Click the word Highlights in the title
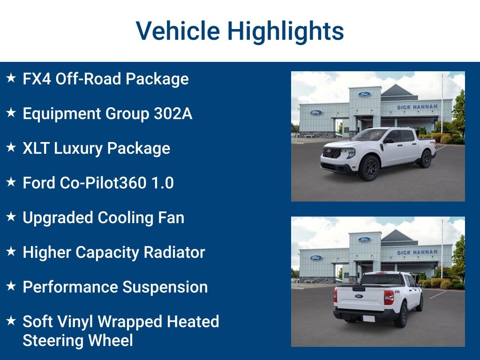[x=285, y=31]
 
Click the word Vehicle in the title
[x=178, y=31]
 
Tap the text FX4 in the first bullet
[x=37, y=79]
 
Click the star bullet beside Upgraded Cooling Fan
[x=11, y=217]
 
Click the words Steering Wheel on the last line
[x=78, y=340]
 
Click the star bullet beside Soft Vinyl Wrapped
[x=11, y=321]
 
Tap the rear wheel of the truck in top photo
[x=426, y=158]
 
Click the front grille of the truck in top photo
[x=332, y=153]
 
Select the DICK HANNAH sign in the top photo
[x=417, y=107]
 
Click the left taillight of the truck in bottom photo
[x=336, y=295]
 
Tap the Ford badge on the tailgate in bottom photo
[x=359, y=296]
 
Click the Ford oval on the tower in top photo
[x=364, y=94]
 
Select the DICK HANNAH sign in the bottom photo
[x=417, y=253]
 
